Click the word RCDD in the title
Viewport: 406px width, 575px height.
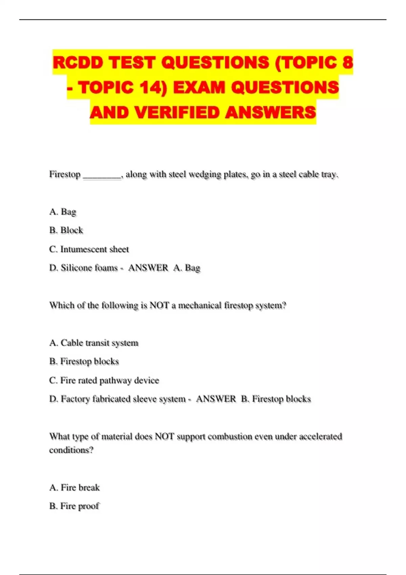78,63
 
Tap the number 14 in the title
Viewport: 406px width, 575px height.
151,87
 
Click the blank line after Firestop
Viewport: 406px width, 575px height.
102,175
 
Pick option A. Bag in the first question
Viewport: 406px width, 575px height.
63,212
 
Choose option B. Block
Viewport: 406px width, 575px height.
66,230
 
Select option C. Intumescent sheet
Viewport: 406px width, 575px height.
89,249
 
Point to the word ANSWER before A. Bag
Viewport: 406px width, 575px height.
148,268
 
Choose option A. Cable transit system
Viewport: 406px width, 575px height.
94,343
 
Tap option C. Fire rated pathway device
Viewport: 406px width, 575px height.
104,381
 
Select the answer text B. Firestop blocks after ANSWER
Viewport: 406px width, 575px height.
276,399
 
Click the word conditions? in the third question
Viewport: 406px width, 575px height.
71,450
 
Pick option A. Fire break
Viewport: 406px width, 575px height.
74,488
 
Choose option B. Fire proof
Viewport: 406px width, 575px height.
74,506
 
